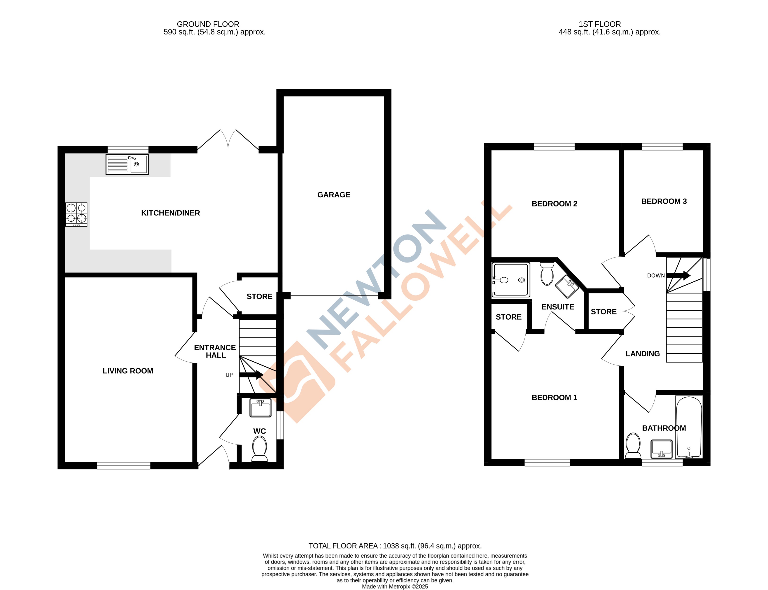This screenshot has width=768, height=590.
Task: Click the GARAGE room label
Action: point(334,195)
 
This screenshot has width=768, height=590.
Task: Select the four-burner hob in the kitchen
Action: point(76,214)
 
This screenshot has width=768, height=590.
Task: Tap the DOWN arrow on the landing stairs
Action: point(678,275)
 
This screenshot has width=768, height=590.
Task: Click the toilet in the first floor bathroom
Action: point(633,445)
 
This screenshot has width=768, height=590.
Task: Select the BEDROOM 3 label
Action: point(664,201)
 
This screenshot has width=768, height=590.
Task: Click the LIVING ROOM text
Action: point(128,371)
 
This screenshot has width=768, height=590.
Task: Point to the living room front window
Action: point(124,465)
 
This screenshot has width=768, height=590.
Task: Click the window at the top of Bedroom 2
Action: point(554,147)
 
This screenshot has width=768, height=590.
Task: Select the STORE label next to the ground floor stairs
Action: point(259,296)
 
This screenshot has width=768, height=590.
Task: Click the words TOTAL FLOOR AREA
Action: point(343,546)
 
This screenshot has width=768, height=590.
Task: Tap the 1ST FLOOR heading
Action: point(599,24)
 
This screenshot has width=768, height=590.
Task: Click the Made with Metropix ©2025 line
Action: point(395,586)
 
